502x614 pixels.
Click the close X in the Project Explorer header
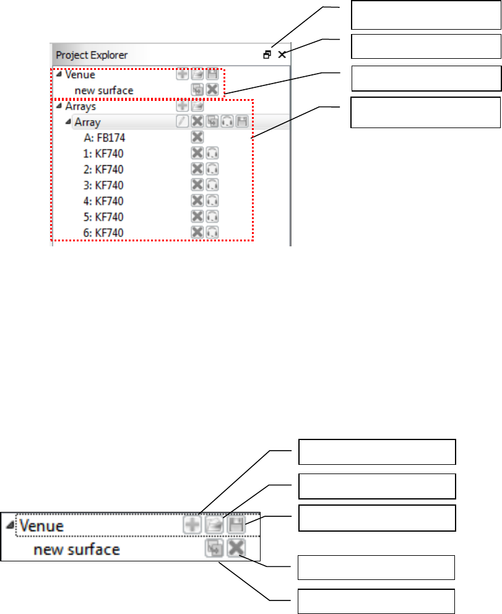282,54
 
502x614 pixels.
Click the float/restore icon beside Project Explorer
267,54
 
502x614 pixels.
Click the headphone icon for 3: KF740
213,184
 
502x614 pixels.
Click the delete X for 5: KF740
197,217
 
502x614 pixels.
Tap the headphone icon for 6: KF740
213,233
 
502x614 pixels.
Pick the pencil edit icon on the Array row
182,121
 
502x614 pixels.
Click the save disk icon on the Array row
242,121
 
